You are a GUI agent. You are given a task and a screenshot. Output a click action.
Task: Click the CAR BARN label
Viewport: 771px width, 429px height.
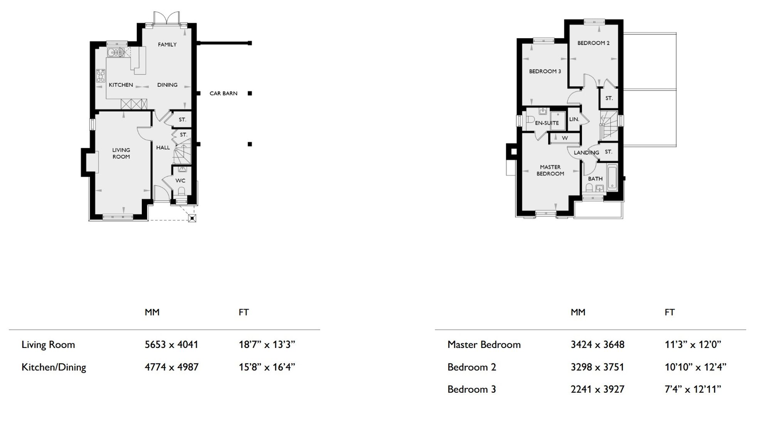[223, 93]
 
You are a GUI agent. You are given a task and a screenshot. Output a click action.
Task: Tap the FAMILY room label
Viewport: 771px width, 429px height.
[167, 45]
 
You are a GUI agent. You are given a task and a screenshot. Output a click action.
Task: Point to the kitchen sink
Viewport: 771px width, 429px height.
[116, 52]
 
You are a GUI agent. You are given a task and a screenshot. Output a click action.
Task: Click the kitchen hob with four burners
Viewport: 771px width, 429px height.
[101, 76]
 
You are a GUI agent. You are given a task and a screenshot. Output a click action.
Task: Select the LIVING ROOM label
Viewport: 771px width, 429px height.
[121, 153]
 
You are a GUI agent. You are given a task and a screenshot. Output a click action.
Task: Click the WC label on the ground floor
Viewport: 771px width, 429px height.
[180, 181]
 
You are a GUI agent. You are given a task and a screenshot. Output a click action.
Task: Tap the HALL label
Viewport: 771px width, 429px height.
[163, 147]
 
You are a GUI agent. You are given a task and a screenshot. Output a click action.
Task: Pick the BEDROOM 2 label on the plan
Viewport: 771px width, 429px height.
[593, 43]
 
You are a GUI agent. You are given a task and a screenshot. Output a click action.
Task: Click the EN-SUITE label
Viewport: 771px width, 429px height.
[547, 123]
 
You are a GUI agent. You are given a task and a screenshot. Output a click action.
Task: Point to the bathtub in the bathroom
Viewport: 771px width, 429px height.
[612, 177]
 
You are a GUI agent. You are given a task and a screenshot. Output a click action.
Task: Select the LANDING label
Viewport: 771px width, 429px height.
[586, 153]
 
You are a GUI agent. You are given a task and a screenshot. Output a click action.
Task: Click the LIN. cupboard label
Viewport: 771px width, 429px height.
[574, 119]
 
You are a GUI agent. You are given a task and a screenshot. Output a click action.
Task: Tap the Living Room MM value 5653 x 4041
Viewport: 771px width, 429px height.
[171, 345]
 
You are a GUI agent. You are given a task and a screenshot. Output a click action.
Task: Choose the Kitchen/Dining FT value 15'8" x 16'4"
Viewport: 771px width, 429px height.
[267, 367]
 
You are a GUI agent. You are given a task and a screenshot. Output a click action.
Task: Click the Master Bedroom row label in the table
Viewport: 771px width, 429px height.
[484, 345]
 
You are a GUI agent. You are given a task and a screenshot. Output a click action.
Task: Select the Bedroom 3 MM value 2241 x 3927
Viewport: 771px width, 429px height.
[597, 389]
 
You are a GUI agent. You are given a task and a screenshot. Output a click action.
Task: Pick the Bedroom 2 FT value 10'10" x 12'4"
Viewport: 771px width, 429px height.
[695, 367]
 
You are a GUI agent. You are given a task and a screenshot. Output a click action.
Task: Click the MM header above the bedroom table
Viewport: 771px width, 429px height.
[578, 312]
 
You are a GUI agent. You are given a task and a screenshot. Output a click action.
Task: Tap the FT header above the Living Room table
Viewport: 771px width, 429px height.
[244, 312]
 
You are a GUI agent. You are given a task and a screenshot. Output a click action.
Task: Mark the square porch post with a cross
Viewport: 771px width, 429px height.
[192, 218]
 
